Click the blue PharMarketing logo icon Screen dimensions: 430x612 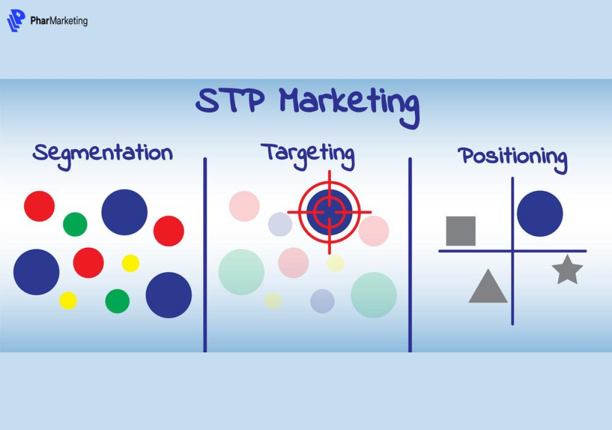tap(16, 20)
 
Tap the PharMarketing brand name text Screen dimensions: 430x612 tap(59, 21)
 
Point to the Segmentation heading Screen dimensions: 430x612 tap(103, 153)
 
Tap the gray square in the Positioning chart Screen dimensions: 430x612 tap(461, 231)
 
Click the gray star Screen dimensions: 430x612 tap(567, 271)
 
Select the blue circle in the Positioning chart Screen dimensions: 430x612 tap(540, 213)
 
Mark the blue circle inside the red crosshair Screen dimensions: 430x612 tap(329, 211)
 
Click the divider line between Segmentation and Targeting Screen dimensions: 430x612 tap(205, 255)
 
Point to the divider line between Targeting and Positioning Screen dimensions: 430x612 tap(410, 255)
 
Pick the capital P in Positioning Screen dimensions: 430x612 tap(464, 155)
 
